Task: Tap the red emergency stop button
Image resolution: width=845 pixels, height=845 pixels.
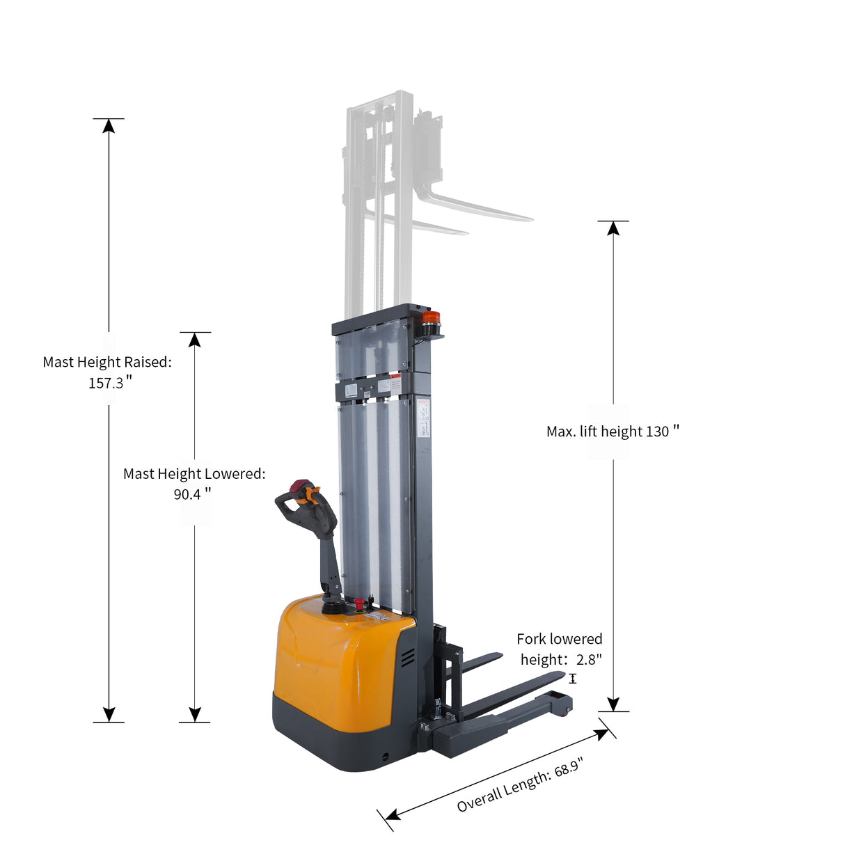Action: [x=359, y=603]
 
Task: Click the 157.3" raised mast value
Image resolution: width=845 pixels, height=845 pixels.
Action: [x=110, y=383]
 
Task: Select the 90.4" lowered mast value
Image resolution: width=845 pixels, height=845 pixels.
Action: [x=192, y=494]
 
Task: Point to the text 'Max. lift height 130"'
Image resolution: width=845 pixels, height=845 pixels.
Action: [x=612, y=432]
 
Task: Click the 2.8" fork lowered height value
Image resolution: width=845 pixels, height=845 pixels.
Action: [x=589, y=659]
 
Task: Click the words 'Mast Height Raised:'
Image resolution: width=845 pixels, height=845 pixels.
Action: [x=107, y=362]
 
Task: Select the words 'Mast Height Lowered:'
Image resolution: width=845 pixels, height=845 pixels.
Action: [x=194, y=474]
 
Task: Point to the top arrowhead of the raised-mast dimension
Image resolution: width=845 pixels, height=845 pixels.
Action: [x=109, y=126]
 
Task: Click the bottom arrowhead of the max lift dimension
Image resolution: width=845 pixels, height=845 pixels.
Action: [x=613, y=704]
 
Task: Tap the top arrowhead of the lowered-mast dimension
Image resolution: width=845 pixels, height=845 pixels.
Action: [x=195, y=340]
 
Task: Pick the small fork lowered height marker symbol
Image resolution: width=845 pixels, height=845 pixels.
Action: [x=573, y=679]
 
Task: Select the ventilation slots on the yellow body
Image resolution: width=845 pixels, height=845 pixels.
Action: [x=407, y=656]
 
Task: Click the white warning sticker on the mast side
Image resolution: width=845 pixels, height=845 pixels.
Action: [x=423, y=420]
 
